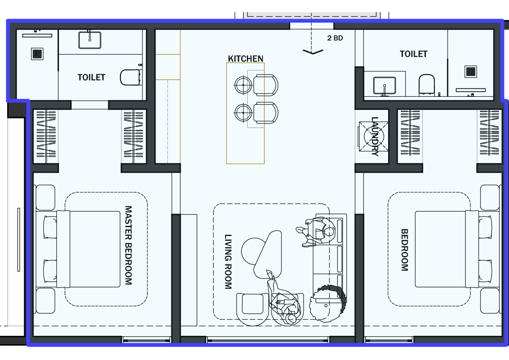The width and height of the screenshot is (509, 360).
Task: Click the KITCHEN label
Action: [x=246, y=59]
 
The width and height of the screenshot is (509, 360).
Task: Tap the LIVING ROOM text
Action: [x=228, y=262]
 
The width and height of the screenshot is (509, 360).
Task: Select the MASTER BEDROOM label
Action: [x=129, y=245]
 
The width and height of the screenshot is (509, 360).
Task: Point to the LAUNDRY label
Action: [x=375, y=136]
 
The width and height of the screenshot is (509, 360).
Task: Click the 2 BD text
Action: [x=335, y=38]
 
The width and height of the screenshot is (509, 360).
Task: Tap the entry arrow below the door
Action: [x=313, y=52]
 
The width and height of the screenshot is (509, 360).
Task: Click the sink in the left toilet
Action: [x=90, y=40]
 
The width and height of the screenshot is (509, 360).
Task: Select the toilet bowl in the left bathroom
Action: [x=130, y=77]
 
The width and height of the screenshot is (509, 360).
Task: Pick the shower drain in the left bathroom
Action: [x=37, y=54]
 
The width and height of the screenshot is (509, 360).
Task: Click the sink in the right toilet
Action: [x=384, y=85]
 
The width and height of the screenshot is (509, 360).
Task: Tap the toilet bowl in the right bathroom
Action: [x=427, y=84]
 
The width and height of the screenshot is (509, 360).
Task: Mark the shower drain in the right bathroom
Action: [x=470, y=71]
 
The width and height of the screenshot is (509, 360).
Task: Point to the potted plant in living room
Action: [x=328, y=303]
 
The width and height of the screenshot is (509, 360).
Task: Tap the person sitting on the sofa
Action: [x=316, y=232]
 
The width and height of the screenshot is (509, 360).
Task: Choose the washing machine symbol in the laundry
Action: [x=373, y=136]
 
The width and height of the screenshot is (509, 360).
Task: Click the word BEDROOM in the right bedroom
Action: [x=405, y=250]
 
